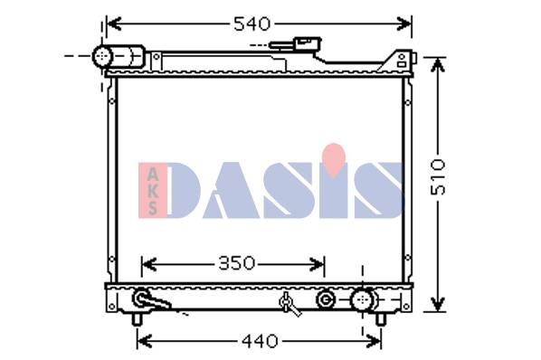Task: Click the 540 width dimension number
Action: [x=252, y=24]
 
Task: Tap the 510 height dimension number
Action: [x=438, y=177]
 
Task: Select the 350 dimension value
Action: [x=237, y=264]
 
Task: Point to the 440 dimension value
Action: [x=260, y=341]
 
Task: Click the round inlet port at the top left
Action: [x=102, y=56]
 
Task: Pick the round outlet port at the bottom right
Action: [x=362, y=299]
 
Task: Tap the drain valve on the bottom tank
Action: [x=289, y=303]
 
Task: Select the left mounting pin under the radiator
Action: [x=137, y=319]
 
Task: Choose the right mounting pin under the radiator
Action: [x=380, y=319]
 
